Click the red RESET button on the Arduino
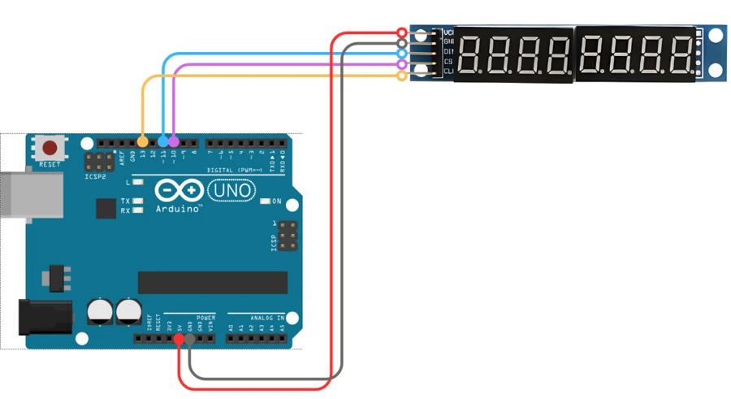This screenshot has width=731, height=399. tap(50, 149)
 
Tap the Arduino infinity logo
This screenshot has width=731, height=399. tap(179, 190)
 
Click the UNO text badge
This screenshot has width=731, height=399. tap(232, 190)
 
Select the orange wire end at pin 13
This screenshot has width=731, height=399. tap(143, 142)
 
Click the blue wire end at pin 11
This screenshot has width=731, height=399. tap(163, 142)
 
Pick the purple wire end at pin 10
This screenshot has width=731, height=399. tap(174, 142)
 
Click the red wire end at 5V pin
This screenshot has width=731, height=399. tap(179, 338)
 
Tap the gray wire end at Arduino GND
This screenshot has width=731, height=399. tap(189, 338)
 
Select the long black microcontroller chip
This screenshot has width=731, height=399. tap(213, 283)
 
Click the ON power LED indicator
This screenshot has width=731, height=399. tap(265, 202)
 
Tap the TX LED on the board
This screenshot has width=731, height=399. tap(137, 201)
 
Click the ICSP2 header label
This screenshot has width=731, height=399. tap(96, 176)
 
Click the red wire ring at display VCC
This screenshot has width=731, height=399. tap(402, 33)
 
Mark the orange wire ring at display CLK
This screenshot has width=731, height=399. tap(402, 76)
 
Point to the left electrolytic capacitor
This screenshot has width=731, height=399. tap(100, 311)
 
